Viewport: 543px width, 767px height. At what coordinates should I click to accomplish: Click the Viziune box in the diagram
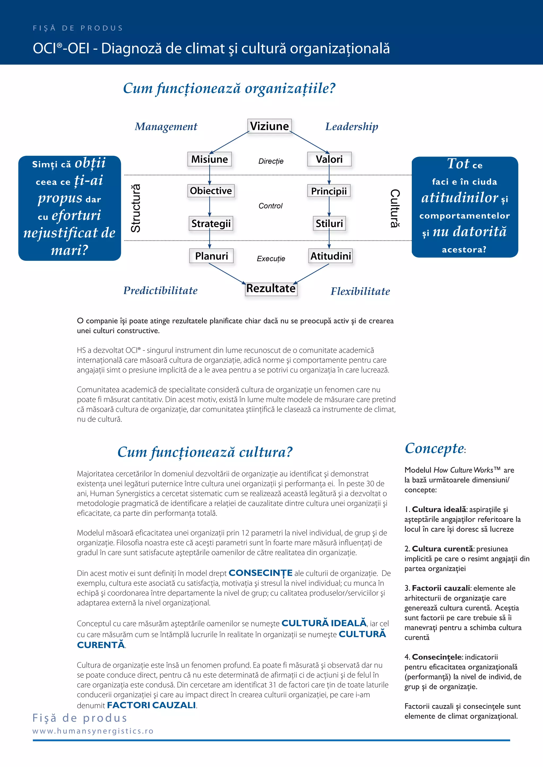(269, 126)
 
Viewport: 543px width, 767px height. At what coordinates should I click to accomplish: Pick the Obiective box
(211, 191)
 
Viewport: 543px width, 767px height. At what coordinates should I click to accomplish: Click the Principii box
(329, 191)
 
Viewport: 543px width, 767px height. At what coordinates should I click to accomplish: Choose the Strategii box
(211, 224)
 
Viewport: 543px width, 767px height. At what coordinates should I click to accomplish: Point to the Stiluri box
(329, 224)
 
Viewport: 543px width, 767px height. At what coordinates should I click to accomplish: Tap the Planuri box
(211, 256)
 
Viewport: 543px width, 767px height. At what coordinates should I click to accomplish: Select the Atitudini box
(331, 256)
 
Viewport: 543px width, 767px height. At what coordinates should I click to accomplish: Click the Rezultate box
(271, 288)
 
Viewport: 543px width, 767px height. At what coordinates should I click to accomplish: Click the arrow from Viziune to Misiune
(229, 142)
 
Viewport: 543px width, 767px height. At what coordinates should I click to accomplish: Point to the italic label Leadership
(352, 127)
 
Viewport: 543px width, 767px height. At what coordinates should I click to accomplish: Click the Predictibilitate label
(160, 290)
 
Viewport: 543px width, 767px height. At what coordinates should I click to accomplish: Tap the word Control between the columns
(270, 206)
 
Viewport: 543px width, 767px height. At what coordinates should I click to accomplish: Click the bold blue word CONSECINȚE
(260, 573)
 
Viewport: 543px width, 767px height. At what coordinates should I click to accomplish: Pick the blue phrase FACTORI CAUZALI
(151, 705)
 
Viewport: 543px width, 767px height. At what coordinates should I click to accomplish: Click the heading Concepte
(434, 448)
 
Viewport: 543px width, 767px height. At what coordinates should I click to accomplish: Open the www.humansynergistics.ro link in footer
(93, 731)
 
